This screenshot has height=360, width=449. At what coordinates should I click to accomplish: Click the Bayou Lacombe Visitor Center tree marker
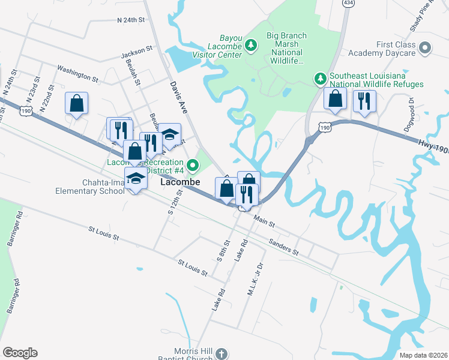pyautogui.click(x=253, y=44)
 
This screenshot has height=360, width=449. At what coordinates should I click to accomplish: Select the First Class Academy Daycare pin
pyautogui.click(x=426, y=47)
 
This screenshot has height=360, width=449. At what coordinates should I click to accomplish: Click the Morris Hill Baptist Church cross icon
pyautogui.click(x=221, y=353)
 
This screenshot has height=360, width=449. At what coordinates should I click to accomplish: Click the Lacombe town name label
pyautogui.click(x=185, y=181)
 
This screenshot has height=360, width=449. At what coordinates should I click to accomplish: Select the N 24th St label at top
pyautogui.click(x=131, y=20)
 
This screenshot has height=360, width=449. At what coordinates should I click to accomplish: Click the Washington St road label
pyautogui.click(x=78, y=74)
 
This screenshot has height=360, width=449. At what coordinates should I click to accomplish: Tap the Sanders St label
pyautogui.click(x=284, y=247)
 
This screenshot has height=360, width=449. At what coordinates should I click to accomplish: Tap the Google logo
pyautogui.click(x=20, y=353)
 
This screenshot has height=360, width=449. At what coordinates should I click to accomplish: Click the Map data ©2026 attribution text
pyautogui.click(x=423, y=355)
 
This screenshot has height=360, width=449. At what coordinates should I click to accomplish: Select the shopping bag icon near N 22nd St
pyautogui.click(x=77, y=103)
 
